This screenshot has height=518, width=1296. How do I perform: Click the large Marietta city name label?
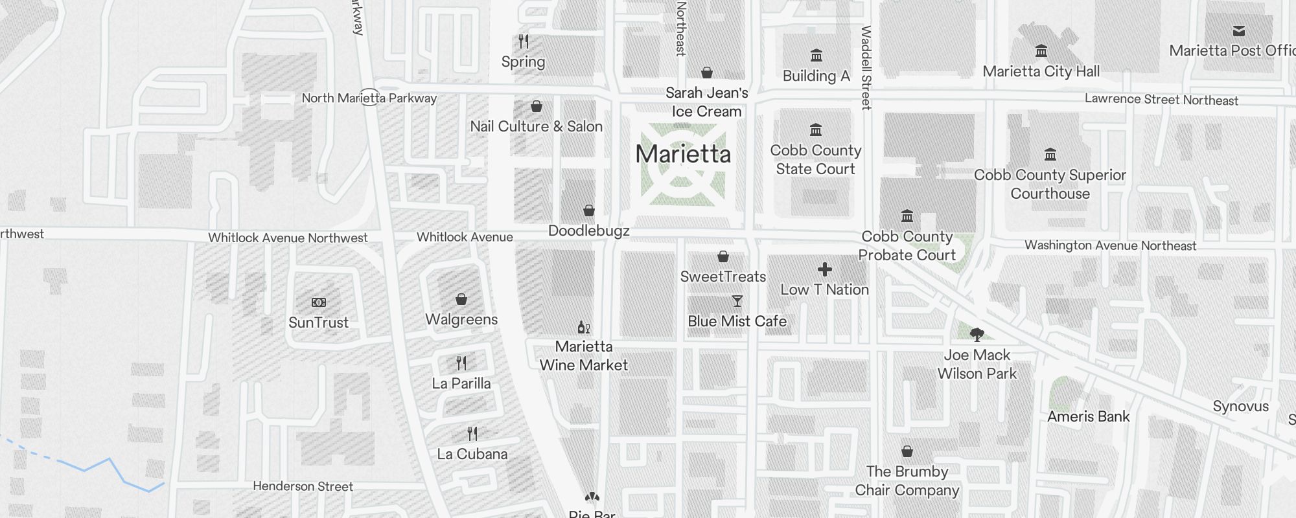point(683,154)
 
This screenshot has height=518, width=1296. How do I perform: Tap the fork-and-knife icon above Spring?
point(524,42)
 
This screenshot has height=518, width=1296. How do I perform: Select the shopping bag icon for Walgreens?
point(461,299)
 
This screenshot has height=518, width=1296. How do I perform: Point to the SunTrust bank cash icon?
point(319,302)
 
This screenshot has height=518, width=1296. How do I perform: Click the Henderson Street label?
point(303,486)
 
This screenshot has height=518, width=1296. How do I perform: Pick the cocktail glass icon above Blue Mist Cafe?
point(737,301)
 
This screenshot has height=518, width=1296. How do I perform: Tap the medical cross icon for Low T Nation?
point(824,269)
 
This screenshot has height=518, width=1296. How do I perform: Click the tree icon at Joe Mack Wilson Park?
point(977,335)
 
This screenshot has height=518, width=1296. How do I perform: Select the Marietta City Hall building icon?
point(1041,51)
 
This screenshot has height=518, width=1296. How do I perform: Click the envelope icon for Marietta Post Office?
point(1239,31)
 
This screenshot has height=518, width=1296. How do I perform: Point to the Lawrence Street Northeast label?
point(1161,100)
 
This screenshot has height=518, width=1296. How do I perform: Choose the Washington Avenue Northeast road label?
point(1110,245)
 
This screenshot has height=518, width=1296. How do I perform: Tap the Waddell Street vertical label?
point(866,67)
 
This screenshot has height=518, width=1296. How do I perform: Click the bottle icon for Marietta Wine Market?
point(583,327)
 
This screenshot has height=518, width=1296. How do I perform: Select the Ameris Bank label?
point(1088,416)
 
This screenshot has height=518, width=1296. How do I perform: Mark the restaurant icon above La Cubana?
point(472,433)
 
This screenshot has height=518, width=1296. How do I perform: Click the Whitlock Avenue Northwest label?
point(288,238)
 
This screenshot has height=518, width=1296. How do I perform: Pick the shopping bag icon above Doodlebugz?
point(589,210)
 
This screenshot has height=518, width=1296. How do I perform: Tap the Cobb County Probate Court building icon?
point(907,216)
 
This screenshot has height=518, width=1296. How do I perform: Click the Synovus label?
point(1240,407)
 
